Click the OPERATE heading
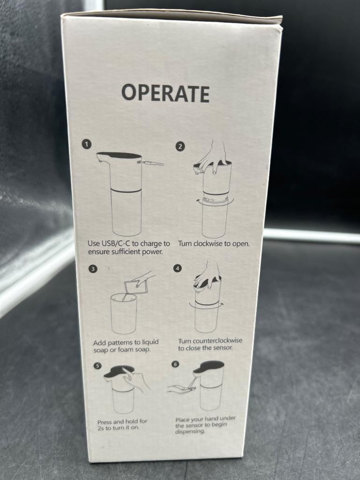pos(166,93)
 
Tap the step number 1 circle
pos(87,144)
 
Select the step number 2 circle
pos(180,146)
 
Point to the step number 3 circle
pos(93,269)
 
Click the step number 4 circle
pos(177,268)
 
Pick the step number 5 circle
pos(97,366)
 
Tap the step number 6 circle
pos(175,364)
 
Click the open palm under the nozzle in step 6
pos(181,389)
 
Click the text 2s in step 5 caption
pos(101,428)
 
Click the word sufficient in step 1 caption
pos(125,252)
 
